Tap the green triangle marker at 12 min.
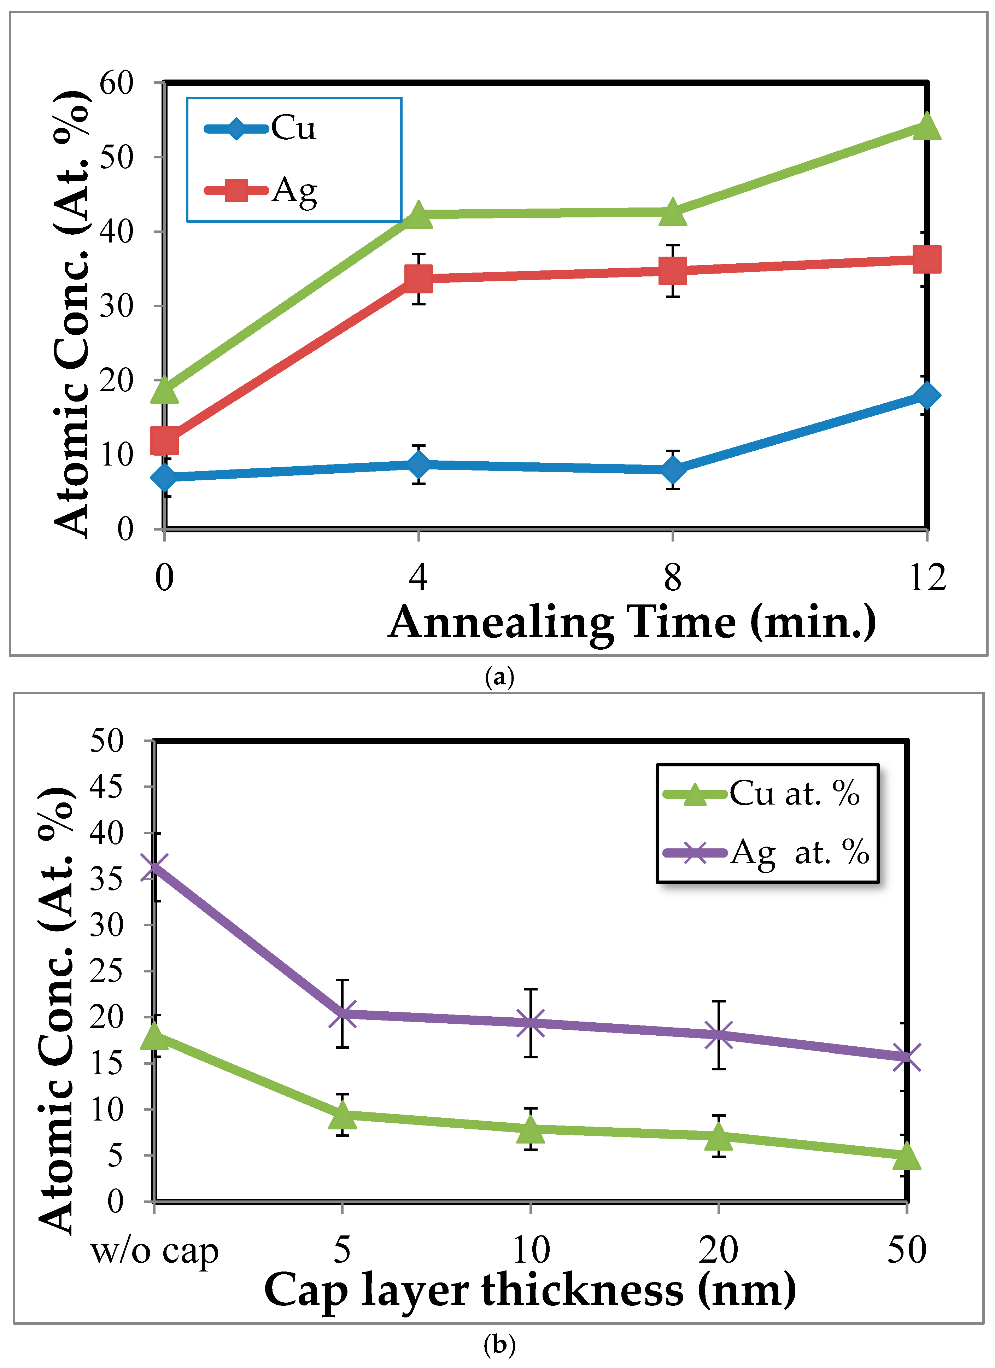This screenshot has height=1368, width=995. tap(926, 127)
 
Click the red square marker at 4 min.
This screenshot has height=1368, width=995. tap(419, 278)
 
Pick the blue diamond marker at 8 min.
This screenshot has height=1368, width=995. tap(672, 469)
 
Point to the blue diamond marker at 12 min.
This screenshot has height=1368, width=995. tap(926, 396)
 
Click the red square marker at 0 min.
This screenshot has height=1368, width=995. tap(164, 440)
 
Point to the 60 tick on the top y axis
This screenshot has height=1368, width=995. tap(116, 83)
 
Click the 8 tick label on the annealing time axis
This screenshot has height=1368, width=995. tap(672, 577)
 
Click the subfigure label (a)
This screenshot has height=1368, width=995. tap(499, 677)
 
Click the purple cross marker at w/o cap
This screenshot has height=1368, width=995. tap(155, 868)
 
